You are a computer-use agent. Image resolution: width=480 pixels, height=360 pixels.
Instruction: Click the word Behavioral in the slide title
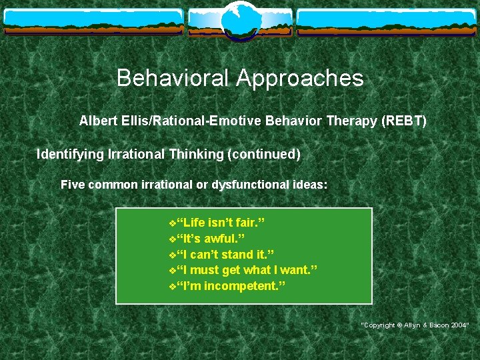tap(173, 79)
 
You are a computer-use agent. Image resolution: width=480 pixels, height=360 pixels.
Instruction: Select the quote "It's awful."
tap(211, 239)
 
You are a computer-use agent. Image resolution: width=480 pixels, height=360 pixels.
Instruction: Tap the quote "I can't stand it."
tap(225, 255)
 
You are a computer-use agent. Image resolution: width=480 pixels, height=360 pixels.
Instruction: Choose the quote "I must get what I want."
tap(247, 270)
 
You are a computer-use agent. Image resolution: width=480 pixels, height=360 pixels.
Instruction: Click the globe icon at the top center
tap(239, 19)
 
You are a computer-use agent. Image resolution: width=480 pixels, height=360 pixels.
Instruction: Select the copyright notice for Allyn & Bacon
tap(415, 325)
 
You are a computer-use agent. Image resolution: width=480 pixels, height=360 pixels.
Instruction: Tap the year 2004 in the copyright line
tap(459, 325)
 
